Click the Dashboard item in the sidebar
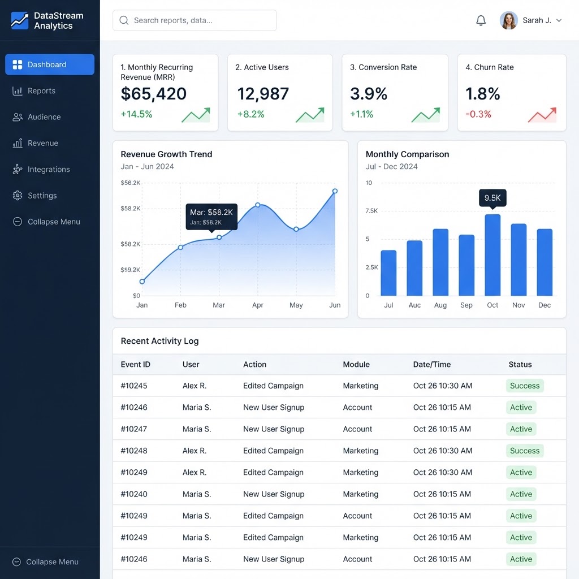(50, 64)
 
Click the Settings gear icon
(18, 195)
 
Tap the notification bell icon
(481, 20)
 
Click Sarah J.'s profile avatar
(508, 20)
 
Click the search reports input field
(195, 20)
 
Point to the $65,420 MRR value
(154, 94)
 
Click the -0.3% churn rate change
(478, 114)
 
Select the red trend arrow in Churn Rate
(542, 115)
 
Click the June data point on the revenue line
(335, 191)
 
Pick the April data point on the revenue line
(258, 205)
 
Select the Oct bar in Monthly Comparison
(492, 255)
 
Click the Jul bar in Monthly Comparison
(388, 273)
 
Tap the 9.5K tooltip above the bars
(492, 198)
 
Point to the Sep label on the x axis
(466, 305)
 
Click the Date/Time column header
(432, 365)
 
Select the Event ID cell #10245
(134, 386)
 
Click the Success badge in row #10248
(525, 451)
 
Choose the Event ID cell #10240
(134, 494)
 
